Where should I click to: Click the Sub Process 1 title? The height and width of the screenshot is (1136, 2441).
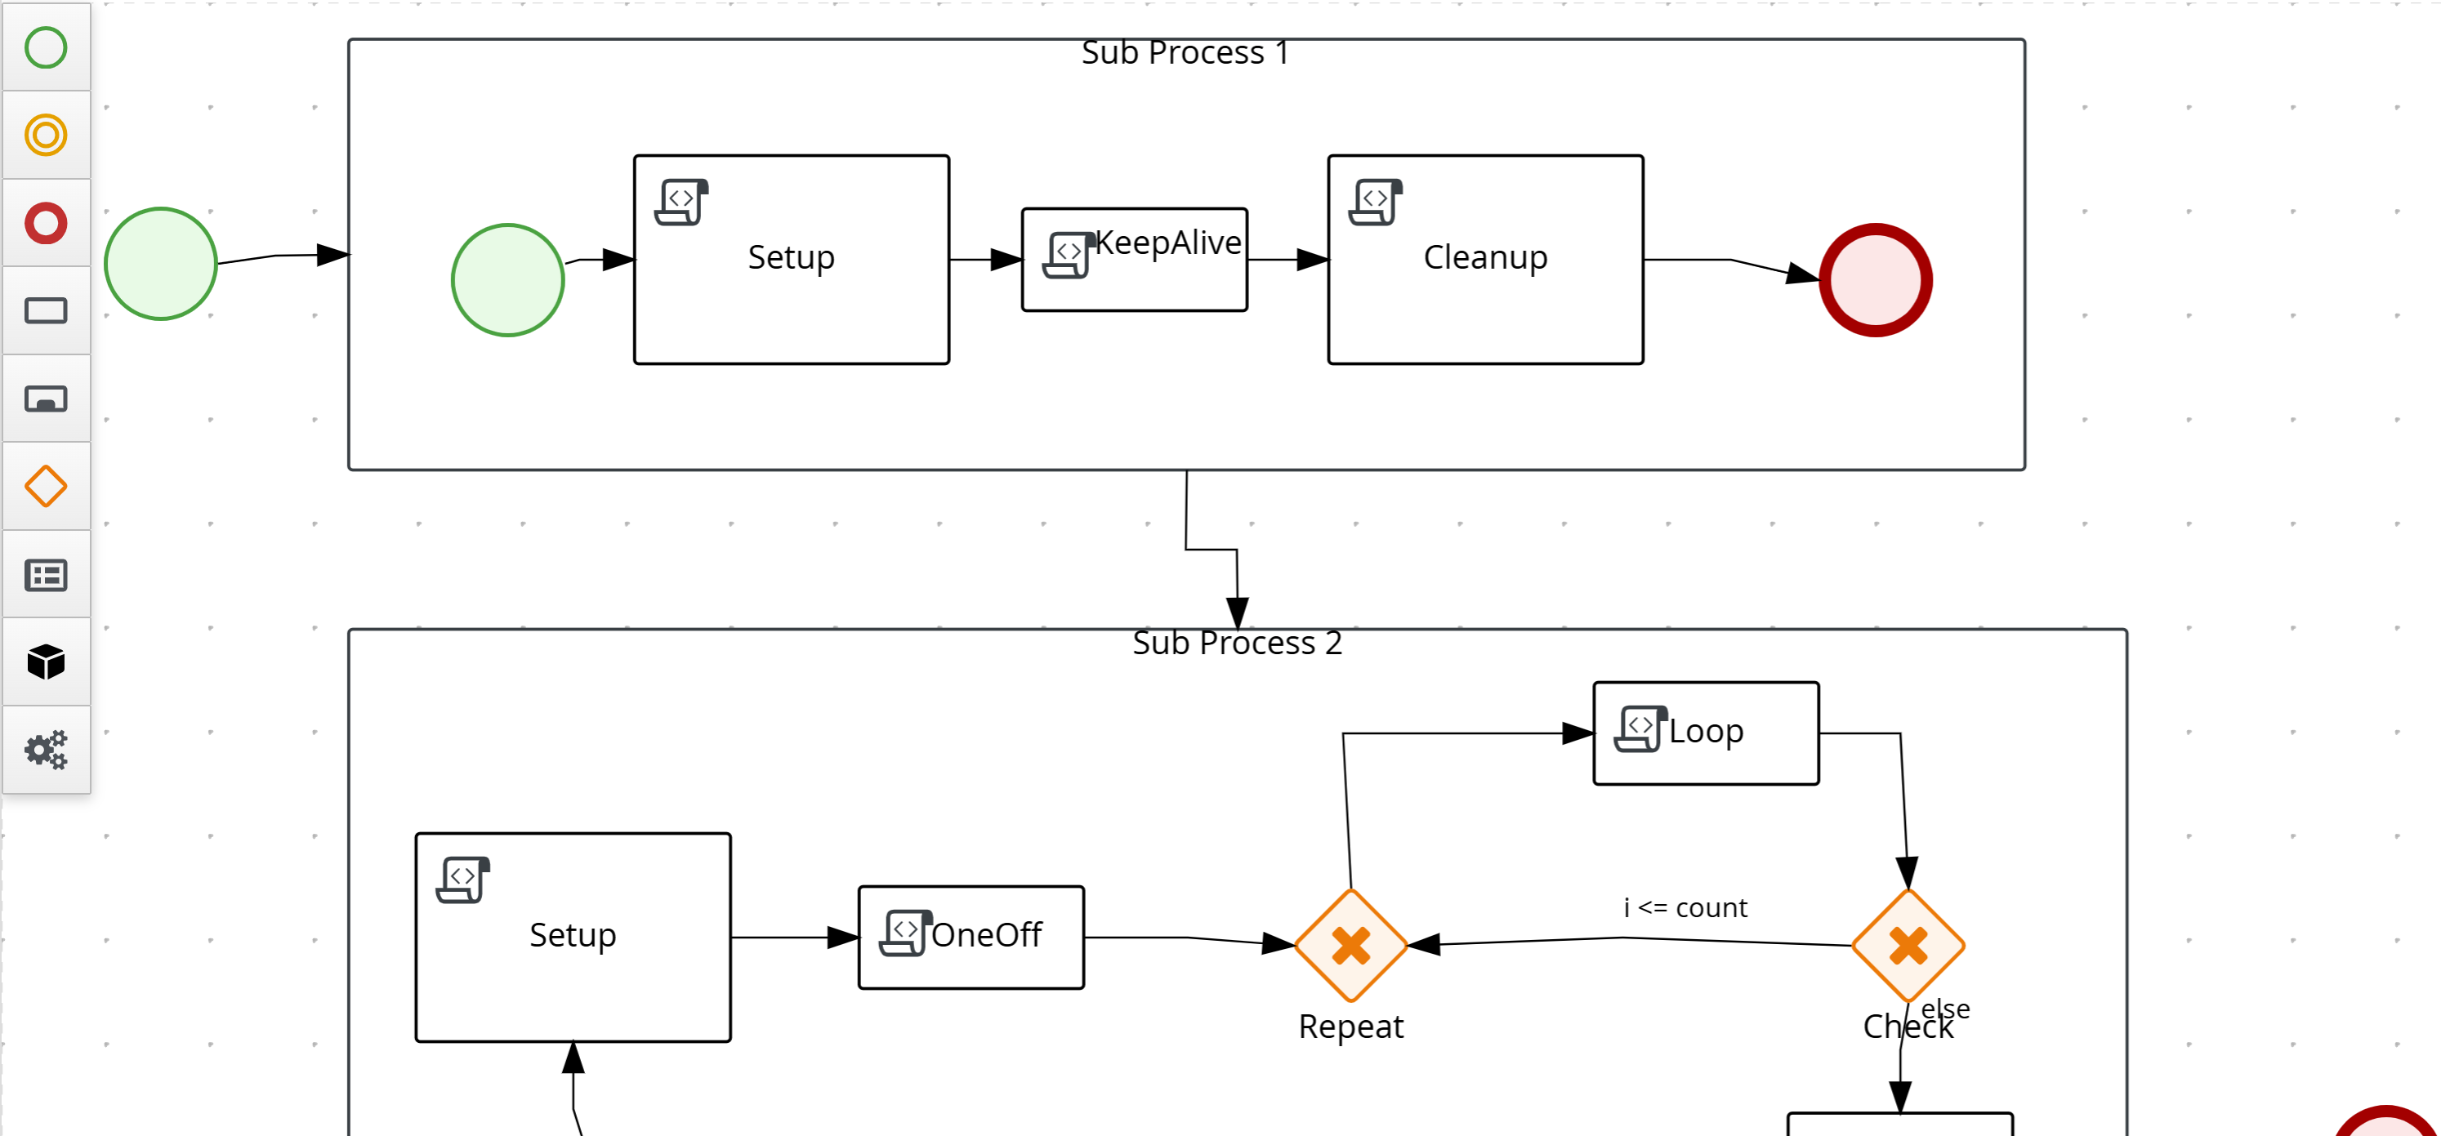(1185, 53)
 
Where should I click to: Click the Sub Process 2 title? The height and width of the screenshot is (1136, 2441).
(1237, 644)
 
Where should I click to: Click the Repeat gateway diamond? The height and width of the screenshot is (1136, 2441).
(1350, 945)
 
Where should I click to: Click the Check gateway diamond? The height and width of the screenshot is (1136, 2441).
(1908, 945)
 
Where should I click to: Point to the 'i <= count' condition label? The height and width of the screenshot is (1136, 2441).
(1685, 907)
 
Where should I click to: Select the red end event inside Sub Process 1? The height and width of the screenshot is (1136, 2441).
(1876, 279)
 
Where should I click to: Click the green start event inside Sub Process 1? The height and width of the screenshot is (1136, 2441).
(508, 279)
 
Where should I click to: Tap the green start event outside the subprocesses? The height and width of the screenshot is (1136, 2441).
(160, 264)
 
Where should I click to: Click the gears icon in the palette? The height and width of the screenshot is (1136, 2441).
(46, 750)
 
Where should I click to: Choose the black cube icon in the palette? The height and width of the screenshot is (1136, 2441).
(46, 662)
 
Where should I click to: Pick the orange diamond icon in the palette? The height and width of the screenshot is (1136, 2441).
(46, 486)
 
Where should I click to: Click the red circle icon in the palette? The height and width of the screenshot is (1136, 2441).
(46, 224)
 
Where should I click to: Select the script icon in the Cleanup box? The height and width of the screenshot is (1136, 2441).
(1375, 202)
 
